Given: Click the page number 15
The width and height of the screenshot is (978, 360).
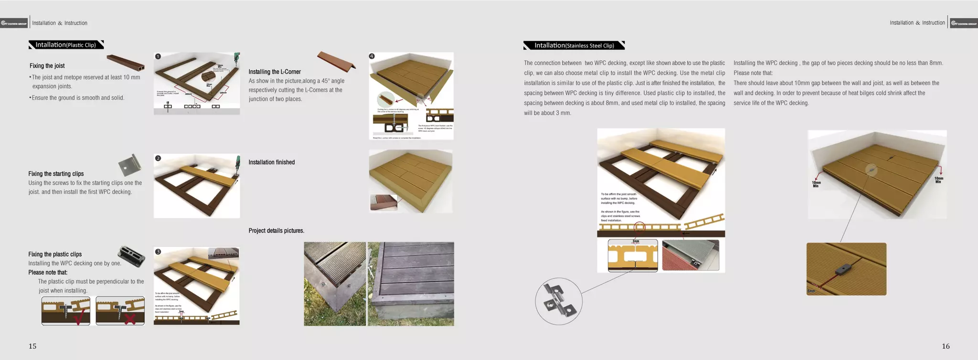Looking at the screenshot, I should coord(32,346).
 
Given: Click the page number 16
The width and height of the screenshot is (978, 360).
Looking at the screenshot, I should coord(946,346).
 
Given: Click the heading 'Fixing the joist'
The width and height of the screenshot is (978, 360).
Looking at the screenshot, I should coord(47,66).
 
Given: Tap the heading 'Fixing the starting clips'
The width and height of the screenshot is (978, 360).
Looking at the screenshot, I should coord(56,174).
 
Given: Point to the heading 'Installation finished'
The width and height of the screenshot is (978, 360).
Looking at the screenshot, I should coord(271,162).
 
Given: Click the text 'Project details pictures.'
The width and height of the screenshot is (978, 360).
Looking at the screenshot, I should coord(276,231).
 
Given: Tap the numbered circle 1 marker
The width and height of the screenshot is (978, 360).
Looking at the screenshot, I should coord(158,56).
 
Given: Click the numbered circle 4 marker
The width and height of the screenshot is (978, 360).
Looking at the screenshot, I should coord(372,56).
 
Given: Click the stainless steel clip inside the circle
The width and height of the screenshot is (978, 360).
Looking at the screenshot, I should coord(558,301).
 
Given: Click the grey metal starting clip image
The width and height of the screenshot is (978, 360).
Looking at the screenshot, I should coord(130,165).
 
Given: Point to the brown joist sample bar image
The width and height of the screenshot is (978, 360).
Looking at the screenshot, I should coord(125,62).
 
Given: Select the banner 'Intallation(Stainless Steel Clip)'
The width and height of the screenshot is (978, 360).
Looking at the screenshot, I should coord(574,45).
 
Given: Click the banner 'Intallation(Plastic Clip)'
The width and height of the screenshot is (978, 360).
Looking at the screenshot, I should coord(66,45).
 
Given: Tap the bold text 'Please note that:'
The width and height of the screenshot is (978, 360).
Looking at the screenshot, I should coord(48,273).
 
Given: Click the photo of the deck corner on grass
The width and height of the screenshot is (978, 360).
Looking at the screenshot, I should coord(335,284).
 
